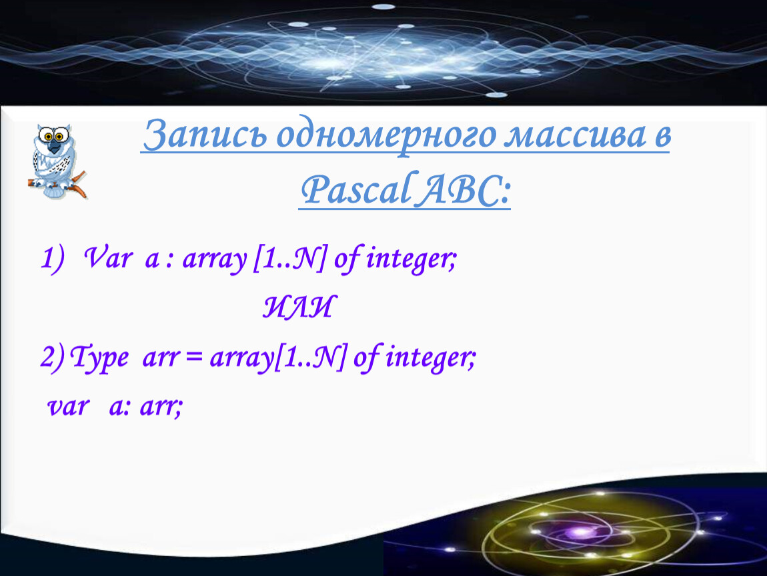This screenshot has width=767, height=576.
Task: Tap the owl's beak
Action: [x=54, y=146]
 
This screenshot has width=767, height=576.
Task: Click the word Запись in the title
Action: [x=205, y=134]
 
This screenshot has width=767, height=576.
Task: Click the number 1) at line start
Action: [x=52, y=258]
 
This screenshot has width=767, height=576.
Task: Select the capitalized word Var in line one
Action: [x=108, y=257]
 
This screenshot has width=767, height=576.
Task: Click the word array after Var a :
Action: [x=215, y=259]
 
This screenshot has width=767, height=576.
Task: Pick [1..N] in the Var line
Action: [x=289, y=259]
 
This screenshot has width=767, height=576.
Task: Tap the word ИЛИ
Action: [x=300, y=307]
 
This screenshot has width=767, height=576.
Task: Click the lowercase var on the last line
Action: [x=69, y=407]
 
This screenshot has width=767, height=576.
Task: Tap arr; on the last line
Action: [x=161, y=407]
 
